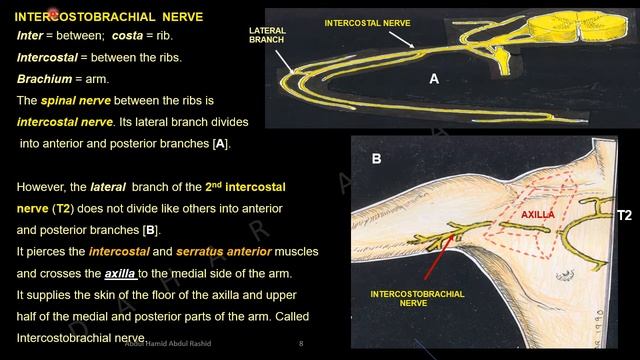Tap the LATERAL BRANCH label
[268, 36]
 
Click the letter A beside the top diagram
[434, 79]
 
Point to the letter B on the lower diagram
[377, 158]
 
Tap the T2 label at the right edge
[624, 215]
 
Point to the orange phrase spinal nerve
[84, 101]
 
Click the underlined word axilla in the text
[123, 272]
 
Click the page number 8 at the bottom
[301, 344]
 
